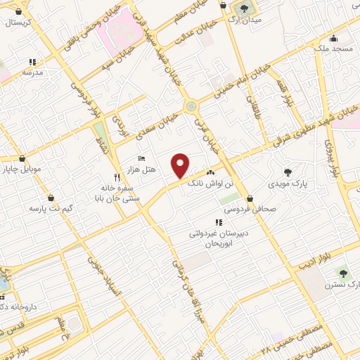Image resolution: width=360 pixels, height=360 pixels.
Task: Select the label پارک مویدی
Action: coord(287,184)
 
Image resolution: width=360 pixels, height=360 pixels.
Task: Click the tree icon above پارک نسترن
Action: coord(342,274)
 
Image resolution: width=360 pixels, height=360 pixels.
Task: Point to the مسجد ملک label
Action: coord(332,48)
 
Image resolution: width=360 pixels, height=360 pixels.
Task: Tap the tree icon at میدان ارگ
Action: coord(244,8)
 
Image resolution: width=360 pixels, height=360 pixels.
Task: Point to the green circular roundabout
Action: coord(191,106)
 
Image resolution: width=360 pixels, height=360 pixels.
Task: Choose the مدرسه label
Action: coord(32,72)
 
